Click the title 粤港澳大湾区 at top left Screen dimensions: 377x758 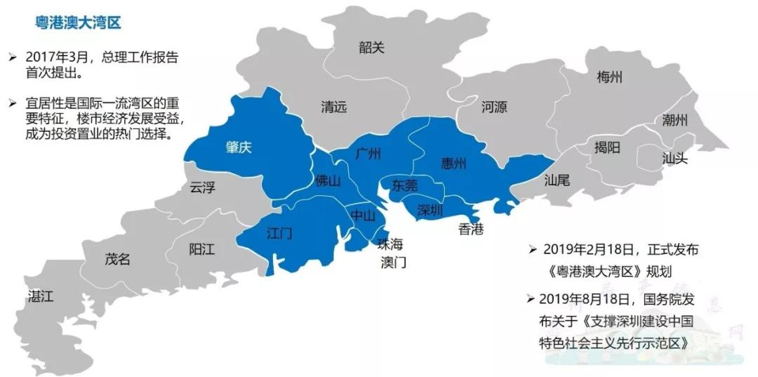click(79, 23)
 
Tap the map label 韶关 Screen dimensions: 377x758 click(371, 48)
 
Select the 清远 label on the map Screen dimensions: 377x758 click(334, 107)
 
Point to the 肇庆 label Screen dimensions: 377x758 click(239, 147)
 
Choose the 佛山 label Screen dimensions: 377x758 click(328, 181)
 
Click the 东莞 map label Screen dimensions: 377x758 click(405, 185)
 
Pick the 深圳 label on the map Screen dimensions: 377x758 click(430, 209)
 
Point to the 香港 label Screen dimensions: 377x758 click(470, 229)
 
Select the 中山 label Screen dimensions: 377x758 click(363, 216)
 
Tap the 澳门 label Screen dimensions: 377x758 click(393, 263)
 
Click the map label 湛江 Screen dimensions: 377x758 click(40, 296)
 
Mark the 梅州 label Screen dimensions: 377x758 click(609, 77)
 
